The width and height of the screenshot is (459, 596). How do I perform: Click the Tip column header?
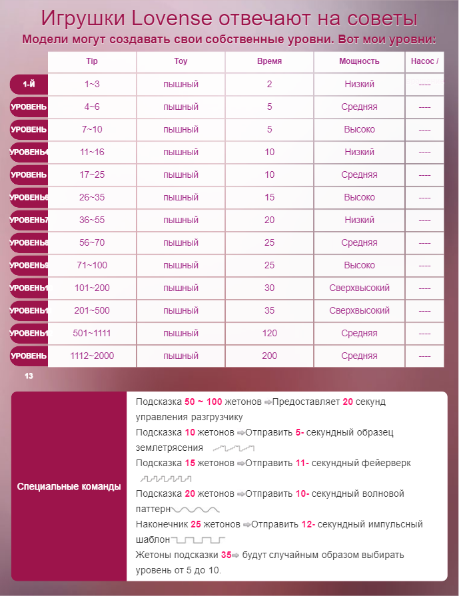click(x=92, y=61)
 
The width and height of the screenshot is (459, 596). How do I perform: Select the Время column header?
click(x=269, y=61)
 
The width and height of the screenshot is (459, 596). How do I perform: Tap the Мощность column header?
click(x=359, y=61)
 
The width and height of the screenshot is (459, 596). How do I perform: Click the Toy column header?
click(x=181, y=61)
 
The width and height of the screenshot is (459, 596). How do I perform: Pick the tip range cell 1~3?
click(x=92, y=85)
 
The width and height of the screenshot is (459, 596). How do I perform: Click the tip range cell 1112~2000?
click(x=92, y=356)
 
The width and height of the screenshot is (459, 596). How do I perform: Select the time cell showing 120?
click(x=269, y=333)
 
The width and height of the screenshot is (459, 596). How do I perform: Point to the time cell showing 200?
click(x=269, y=356)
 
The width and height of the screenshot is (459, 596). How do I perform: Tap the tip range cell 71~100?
click(x=92, y=265)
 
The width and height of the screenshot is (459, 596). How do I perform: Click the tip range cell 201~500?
click(x=92, y=310)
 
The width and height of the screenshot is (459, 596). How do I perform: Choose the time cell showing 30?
click(x=269, y=288)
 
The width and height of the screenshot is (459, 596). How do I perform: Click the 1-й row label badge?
click(x=29, y=85)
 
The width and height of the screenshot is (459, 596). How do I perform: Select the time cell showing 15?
click(x=269, y=197)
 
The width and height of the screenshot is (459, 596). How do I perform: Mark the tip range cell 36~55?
click(x=92, y=220)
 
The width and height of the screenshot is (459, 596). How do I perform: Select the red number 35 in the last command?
click(x=226, y=555)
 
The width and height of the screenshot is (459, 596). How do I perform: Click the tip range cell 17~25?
click(x=92, y=174)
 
